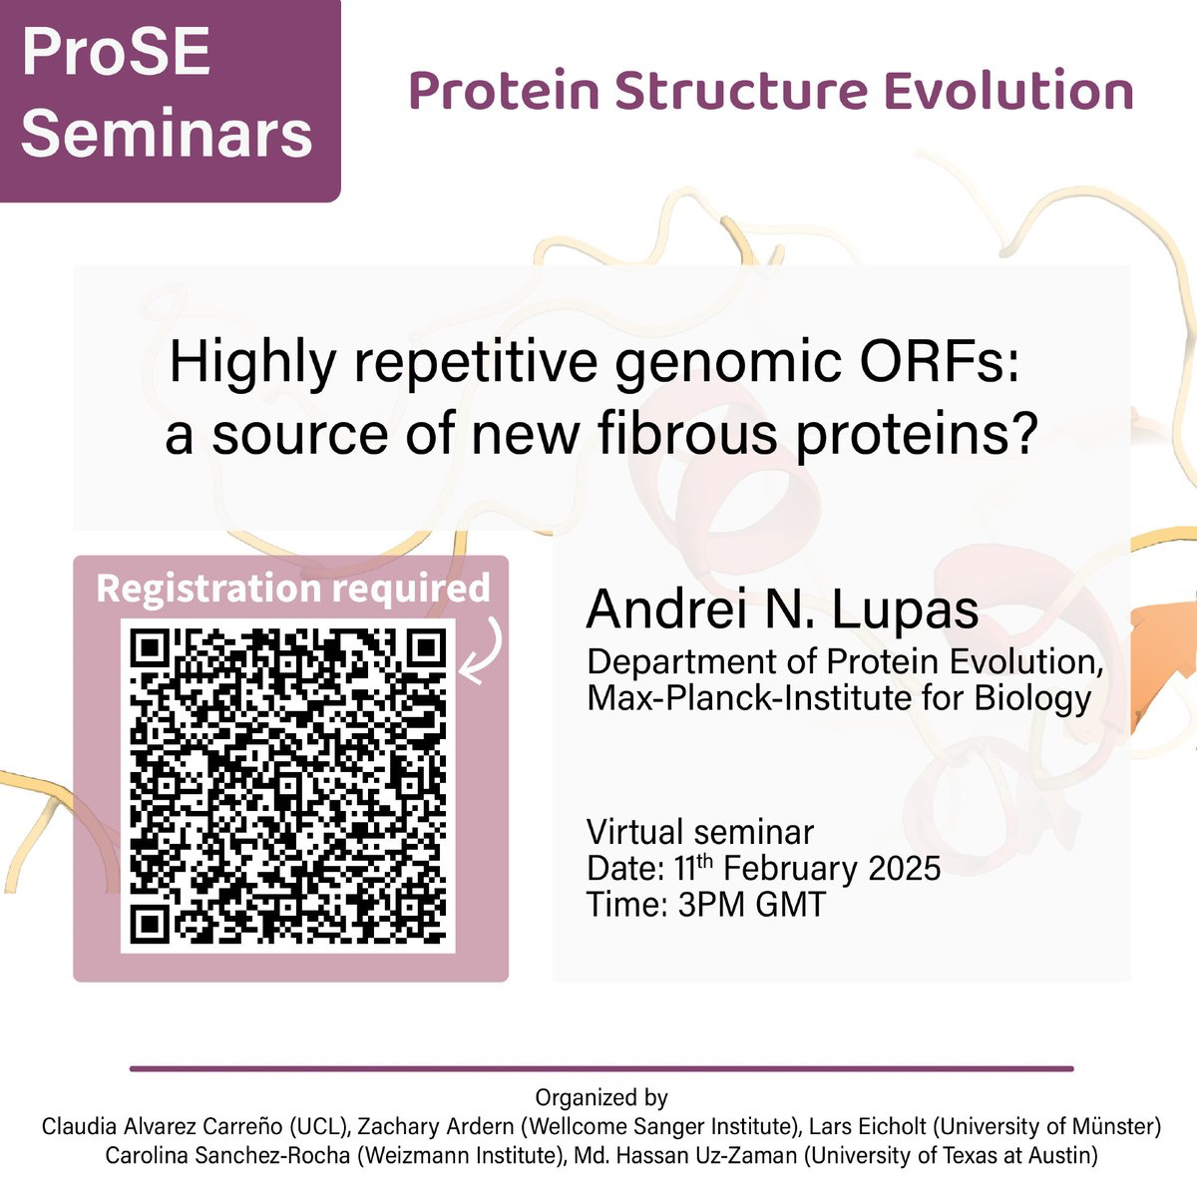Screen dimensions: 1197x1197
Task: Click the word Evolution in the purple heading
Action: pos(1008,92)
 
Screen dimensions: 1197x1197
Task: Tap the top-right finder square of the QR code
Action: pos(426,649)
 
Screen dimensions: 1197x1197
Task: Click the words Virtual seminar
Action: pos(700,832)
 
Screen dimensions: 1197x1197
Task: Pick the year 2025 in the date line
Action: pos(905,868)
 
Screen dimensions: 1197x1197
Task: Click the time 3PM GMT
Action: pos(752,904)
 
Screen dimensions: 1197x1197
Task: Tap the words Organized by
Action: pos(601,1097)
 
